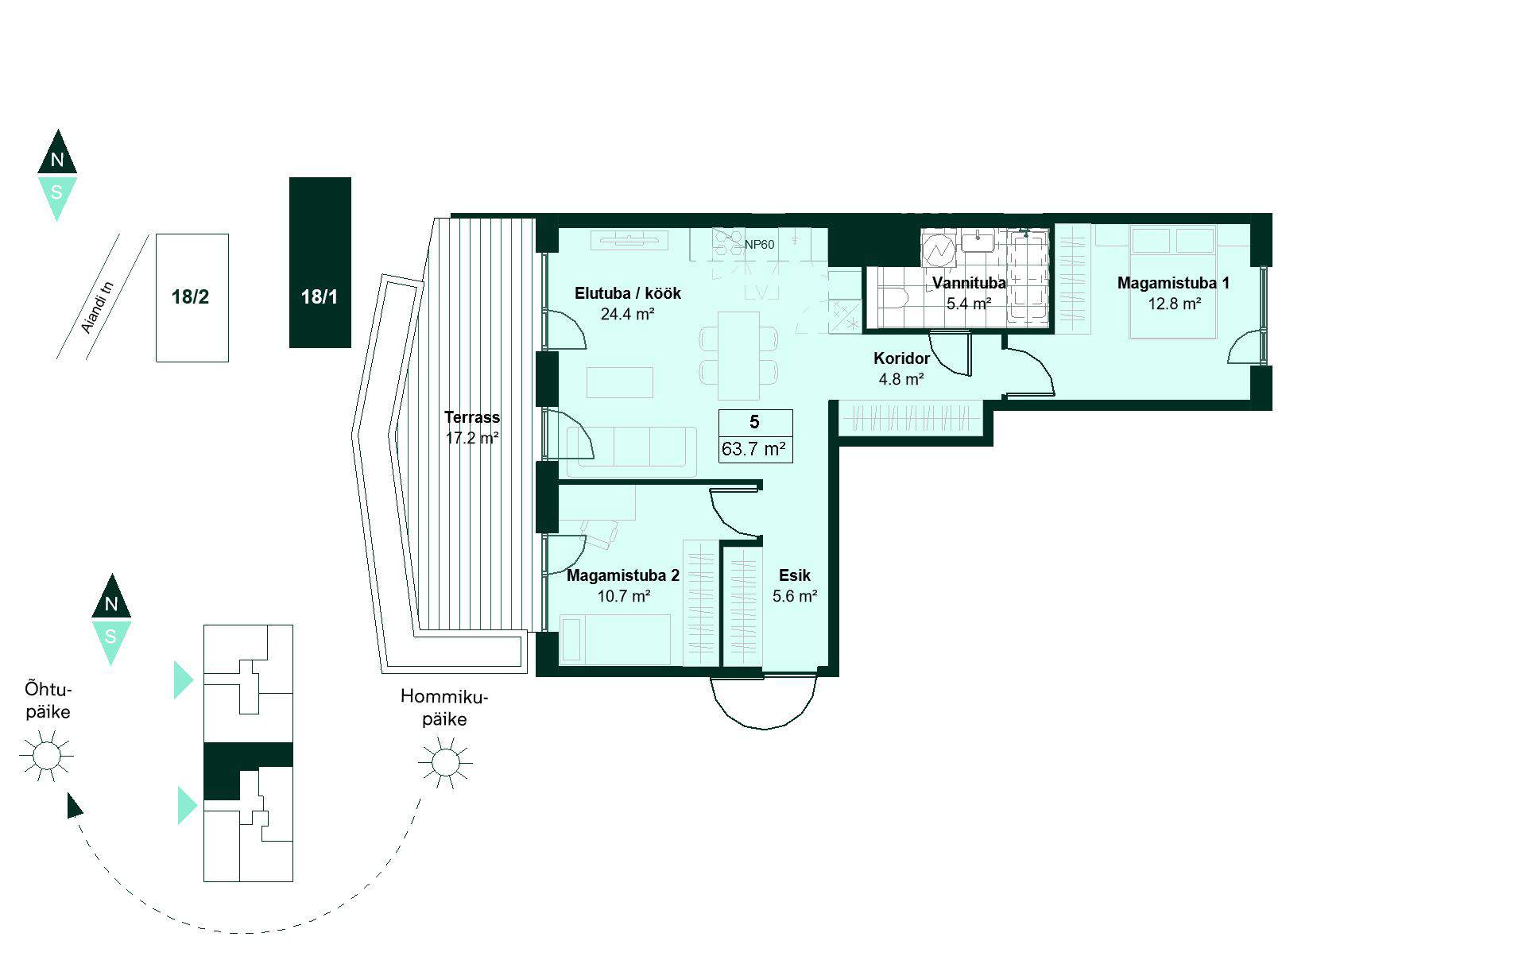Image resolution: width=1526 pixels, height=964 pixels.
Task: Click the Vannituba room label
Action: coord(969,283)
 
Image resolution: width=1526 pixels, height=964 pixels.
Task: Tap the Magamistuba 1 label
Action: coord(1173,283)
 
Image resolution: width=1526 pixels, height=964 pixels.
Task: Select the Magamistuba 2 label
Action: coord(623,575)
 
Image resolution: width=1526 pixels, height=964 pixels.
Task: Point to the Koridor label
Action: coord(901,358)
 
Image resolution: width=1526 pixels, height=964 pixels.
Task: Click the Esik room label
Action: coord(795,575)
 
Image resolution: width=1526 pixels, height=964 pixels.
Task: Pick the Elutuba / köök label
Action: coord(628,293)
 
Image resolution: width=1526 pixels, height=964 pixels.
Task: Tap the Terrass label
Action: coord(472,417)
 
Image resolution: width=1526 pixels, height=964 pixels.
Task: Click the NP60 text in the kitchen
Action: coord(759,245)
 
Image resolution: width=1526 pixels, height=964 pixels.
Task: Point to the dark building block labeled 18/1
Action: coord(320,262)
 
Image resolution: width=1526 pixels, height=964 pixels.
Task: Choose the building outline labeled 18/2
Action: coord(192,298)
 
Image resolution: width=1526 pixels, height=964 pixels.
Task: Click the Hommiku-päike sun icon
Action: coord(445,763)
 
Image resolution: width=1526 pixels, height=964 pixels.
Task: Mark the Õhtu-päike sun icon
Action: coord(46,755)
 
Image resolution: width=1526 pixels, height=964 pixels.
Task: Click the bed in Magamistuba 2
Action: coord(616,639)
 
